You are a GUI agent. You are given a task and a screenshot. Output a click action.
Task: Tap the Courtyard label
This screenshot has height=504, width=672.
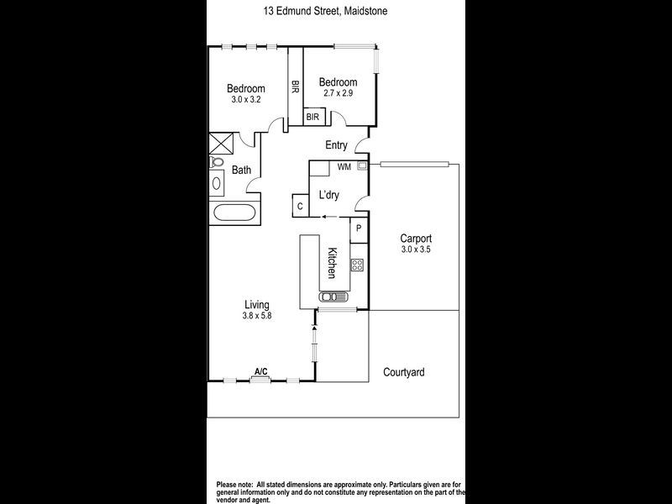pyautogui.click(x=404, y=372)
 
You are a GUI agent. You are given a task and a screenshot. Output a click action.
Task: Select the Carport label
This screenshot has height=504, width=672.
pyautogui.click(x=417, y=238)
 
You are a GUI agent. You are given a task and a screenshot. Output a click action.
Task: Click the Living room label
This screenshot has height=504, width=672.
pyautogui.click(x=256, y=304)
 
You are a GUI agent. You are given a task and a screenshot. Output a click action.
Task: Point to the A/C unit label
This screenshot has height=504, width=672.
pyautogui.click(x=260, y=371)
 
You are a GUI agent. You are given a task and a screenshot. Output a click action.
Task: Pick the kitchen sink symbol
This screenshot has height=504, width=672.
pyautogui.click(x=333, y=296)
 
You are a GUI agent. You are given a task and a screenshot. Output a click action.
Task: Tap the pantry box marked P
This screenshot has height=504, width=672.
pyautogui.click(x=359, y=228)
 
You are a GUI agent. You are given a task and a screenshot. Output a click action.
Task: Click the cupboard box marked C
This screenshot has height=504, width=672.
pyautogui.click(x=300, y=204)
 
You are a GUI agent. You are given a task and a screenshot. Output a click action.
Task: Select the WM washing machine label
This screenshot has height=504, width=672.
pyautogui.click(x=344, y=166)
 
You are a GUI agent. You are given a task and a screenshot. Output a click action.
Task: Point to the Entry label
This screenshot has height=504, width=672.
pyautogui.click(x=336, y=145)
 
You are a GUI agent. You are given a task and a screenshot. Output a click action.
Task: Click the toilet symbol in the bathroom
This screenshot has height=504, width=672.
pyautogui.click(x=218, y=162)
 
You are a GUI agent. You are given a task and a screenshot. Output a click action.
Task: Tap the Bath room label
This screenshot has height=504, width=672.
pyautogui.click(x=242, y=171)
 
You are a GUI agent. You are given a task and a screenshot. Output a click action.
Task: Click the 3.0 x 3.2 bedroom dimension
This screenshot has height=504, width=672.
pyautogui.click(x=247, y=99)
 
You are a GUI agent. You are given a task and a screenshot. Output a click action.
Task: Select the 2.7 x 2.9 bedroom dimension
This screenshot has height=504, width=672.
pyautogui.click(x=338, y=92)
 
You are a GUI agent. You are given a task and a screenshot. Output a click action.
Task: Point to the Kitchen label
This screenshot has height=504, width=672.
pyautogui.click(x=333, y=264)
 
